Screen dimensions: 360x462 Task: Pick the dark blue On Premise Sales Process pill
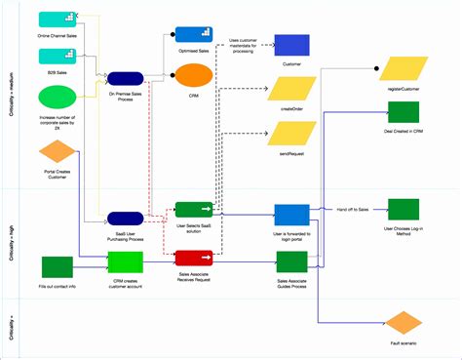click(126, 78)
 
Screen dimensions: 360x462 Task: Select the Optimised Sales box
click(188, 35)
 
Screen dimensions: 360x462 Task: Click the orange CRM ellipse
click(192, 76)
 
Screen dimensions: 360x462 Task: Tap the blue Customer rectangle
click(291, 46)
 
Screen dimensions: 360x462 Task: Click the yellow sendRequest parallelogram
click(291, 134)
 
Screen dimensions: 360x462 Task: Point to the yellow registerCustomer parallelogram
click(402, 68)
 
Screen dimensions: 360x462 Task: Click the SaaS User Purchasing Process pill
click(126, 219)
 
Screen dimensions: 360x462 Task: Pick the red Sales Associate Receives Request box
click(193, 258)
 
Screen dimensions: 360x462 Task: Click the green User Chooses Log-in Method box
click(402, 210)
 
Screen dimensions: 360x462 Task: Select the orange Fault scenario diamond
click(402, 323)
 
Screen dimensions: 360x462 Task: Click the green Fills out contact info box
click(58, 266)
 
